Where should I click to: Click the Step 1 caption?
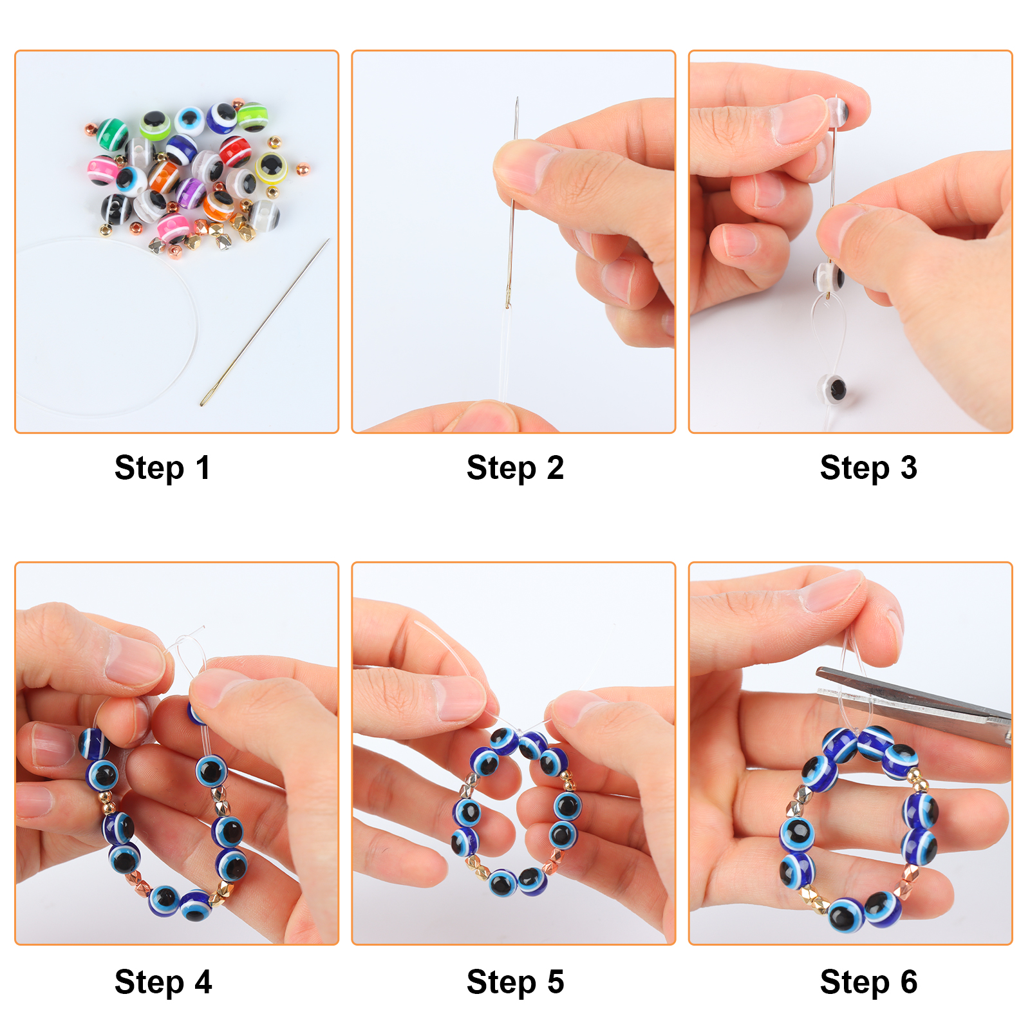[x=162, y=468]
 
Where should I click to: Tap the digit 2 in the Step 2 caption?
[x=555, y=467]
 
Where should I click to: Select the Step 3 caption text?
[x=868, y=468]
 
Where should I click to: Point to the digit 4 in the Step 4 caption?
[x=203, y=982]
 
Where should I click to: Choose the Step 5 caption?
[x=515, y=982]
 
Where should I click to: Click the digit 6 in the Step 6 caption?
[x=909, y=982]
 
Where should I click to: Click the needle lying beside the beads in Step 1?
[x=265, y=322]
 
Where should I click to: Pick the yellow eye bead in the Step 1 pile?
[x=271, y=167]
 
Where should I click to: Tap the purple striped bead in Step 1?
[x=191, y=191]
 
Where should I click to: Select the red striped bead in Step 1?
[x=234, y=152]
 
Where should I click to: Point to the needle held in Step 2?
[x=512, y=203]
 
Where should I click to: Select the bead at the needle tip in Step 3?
[x=838, y=111]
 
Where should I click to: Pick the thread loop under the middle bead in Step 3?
[x=827, y=335]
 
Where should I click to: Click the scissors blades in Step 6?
[x=914, y=702]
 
